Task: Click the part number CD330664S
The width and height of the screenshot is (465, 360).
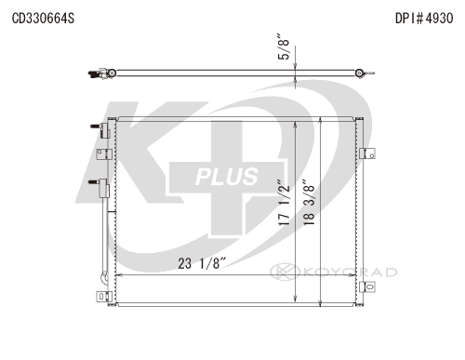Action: click(43, 19)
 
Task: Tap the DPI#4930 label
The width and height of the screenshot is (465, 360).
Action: click(424, 19)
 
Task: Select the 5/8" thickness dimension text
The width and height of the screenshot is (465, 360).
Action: click(284, 47)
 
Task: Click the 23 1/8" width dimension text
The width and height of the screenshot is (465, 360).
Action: click(200, 263)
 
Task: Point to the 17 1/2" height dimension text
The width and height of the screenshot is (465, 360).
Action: click(284, 203)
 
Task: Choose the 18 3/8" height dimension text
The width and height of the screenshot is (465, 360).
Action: click(309, 202)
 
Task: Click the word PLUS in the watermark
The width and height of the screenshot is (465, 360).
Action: click(227, 177)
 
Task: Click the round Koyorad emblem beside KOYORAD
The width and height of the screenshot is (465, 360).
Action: click(285, 272)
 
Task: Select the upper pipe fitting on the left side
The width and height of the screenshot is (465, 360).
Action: click(100, 129)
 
